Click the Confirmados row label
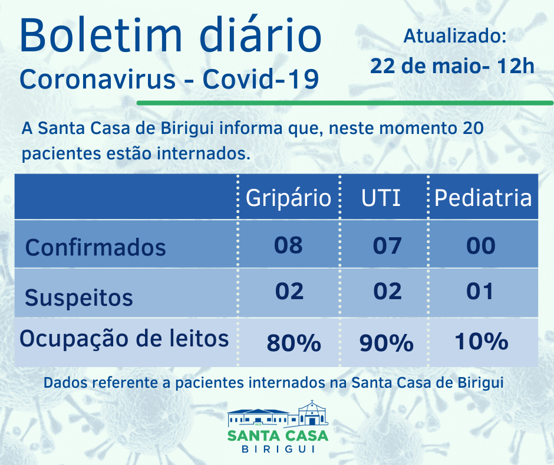pos(95,247)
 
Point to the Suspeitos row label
pos(79,297)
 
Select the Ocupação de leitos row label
pos(124,339)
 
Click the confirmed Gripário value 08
pos(288,245)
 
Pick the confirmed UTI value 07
pos(387,245)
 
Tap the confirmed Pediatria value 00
pos(480,245)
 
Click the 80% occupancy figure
pos(293,343)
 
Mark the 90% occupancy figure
pos(386,343)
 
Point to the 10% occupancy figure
pos(481,342)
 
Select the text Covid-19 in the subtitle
pos(260,80)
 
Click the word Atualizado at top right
pos(454,36)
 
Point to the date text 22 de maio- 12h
pos(452,66)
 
